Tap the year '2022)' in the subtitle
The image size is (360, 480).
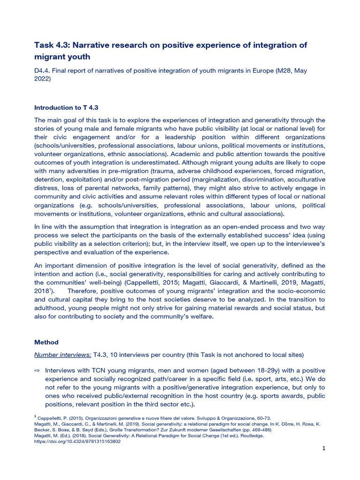pyautogui.click(x=42, y=79)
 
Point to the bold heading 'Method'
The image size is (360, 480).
pyautogui.click(x=46, y=342)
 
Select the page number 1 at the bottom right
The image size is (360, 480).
pyautogui.click(x=323, y=448)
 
